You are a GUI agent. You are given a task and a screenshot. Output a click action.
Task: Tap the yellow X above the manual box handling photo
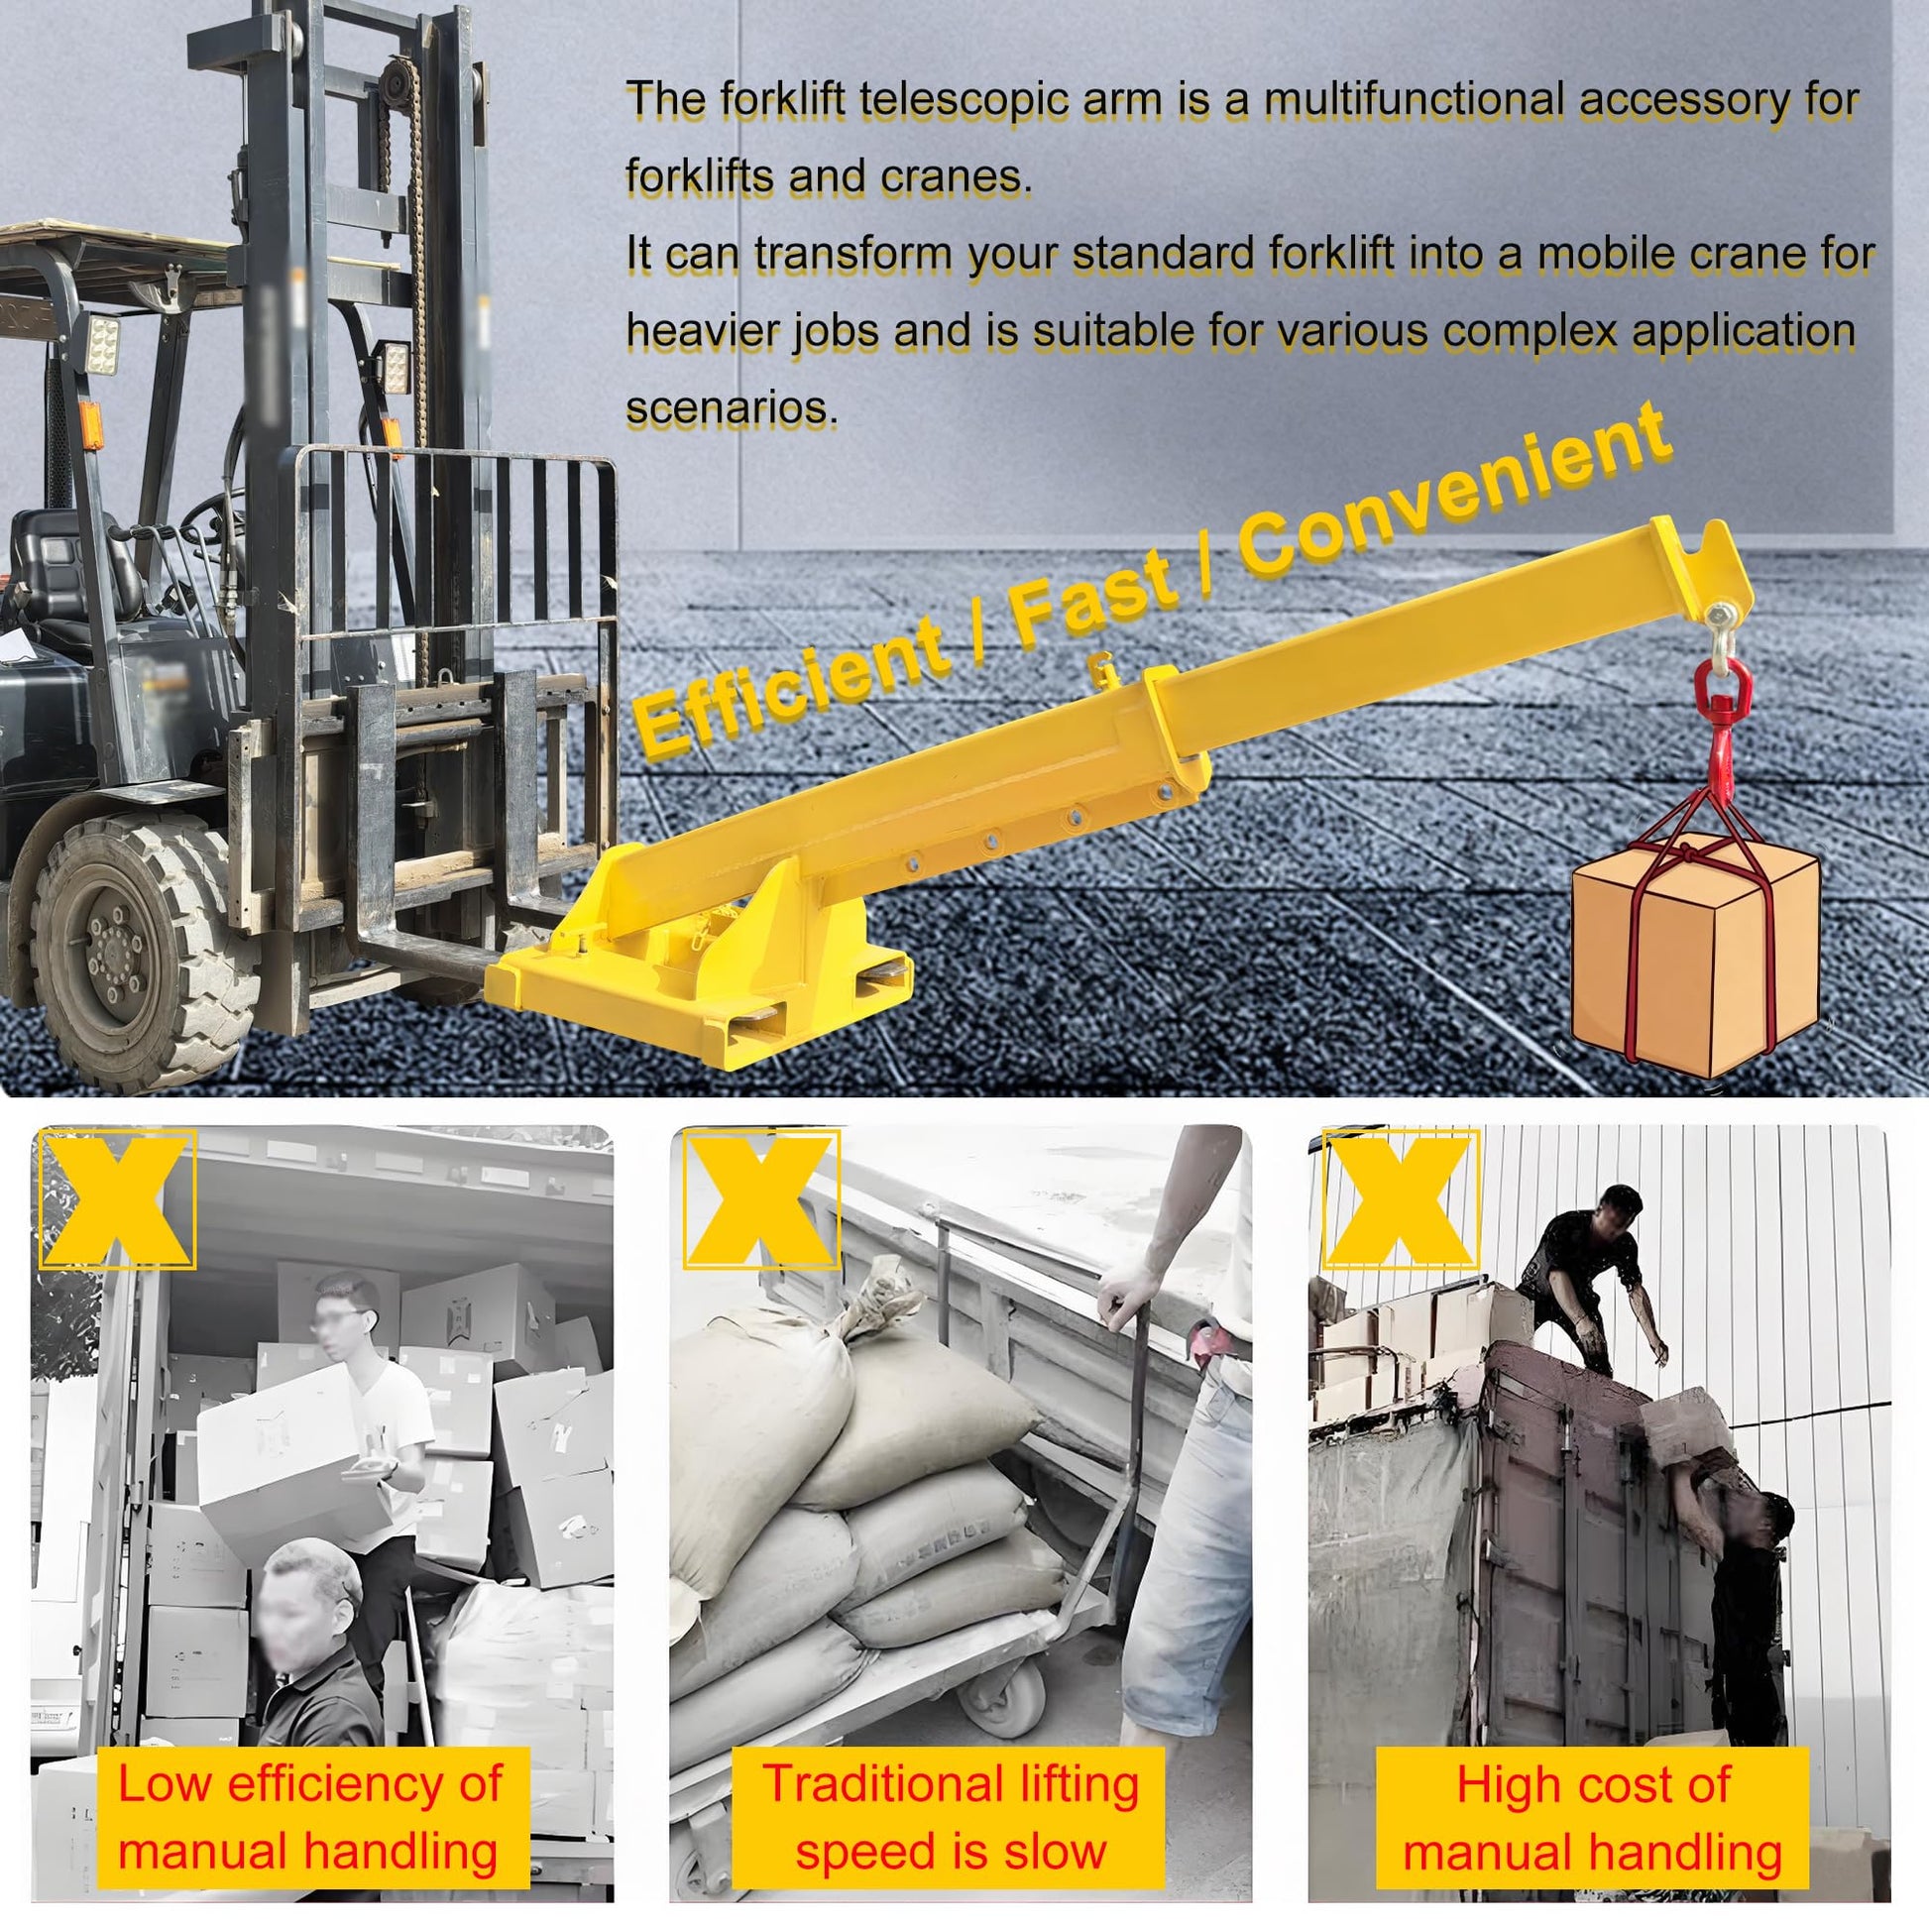click(x=117, y=1198)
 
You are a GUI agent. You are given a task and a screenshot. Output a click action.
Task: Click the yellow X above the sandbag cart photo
click(x=761, y=1198)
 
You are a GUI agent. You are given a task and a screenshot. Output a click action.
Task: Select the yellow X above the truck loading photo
click(x=1400, y=1198)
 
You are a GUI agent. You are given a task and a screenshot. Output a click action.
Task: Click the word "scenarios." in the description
click(x=732, y=407)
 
